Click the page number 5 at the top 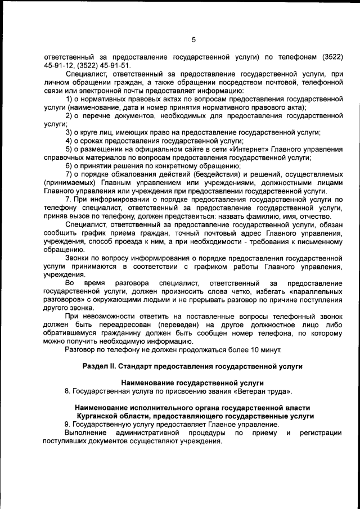click(193, 39)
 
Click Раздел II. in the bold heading click(106, 366)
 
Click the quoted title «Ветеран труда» click(264, 391)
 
